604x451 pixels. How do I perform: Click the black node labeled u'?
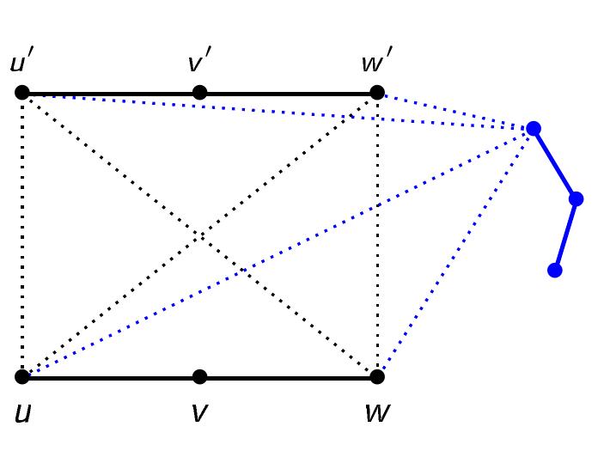coord(22,93)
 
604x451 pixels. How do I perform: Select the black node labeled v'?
coord(199,93)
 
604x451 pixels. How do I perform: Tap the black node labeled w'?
coord(376,93)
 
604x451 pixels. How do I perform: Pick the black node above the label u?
coord(22,376)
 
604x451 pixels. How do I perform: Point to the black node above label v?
coord(199,376)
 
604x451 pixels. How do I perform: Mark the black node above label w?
coord(376,376)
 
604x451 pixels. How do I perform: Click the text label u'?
coord(22,64)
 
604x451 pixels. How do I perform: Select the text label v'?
coord(199,64)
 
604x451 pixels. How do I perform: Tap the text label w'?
coord(376,64)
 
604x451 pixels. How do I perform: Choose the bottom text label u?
coord(23,413)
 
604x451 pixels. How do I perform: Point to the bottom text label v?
coord(199,413)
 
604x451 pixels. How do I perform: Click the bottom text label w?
coord(376,413)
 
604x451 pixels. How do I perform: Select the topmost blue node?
coord(533,129)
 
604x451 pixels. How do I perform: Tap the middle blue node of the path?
coord(576,199)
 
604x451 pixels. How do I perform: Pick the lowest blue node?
coord(555,270)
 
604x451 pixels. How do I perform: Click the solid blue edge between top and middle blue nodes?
coord(554,164)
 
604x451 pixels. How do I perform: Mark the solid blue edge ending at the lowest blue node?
coord(565,235)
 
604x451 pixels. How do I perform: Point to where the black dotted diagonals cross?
coord(199,235)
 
